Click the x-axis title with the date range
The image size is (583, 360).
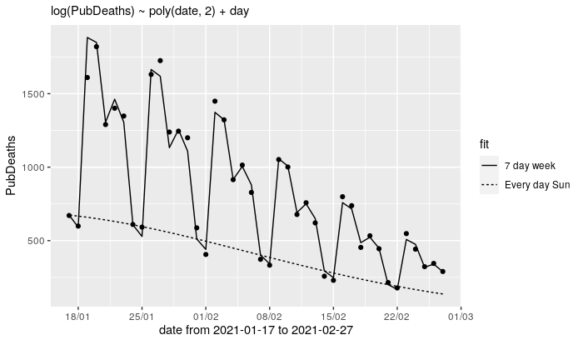point(256,331)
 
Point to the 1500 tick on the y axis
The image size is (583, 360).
point(33,94)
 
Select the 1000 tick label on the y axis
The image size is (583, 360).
point(33,167)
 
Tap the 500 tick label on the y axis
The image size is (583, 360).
point(36,241)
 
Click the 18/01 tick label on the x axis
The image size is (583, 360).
point(77,317)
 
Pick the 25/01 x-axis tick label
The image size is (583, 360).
point(142,317)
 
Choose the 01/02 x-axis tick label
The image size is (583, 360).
point(206,317)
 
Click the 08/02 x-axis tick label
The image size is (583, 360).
point(269,317)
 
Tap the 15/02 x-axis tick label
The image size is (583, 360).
point(333,317)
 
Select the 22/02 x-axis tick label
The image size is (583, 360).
point(396,317)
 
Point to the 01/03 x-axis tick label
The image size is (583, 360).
point(461,317)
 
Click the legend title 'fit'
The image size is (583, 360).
point(484,144)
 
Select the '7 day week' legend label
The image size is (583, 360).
point(530,166)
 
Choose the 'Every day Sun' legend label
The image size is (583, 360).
point(537,185)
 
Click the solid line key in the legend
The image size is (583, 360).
point(489,166)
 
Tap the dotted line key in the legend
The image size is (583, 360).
point(489,185)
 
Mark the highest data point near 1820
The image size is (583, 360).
point(97,47)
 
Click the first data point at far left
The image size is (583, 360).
point(69,215)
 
